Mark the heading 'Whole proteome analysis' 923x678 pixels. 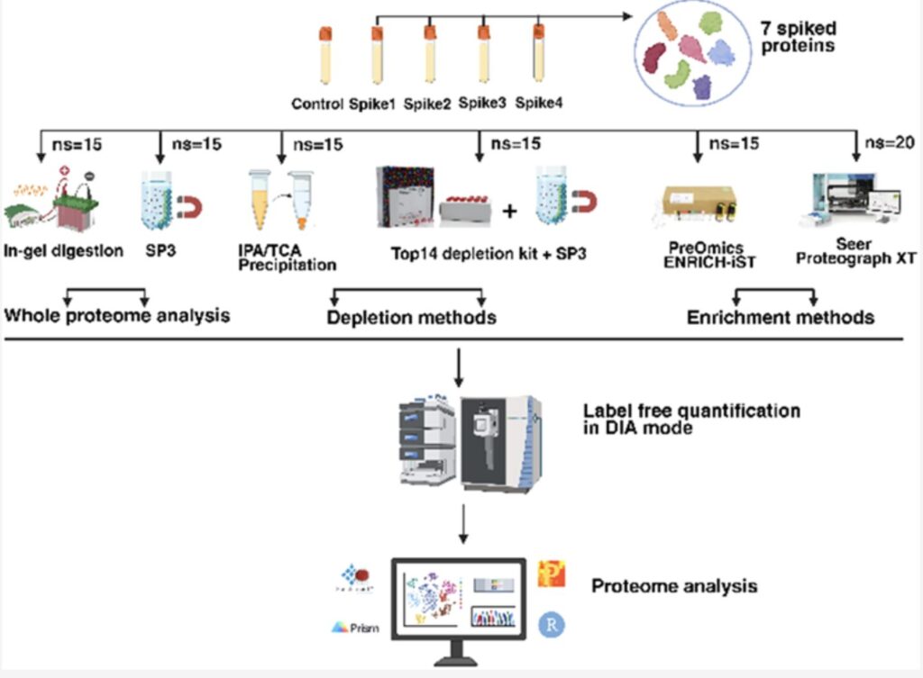click(116, 316)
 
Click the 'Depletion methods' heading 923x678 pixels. click(411, 318)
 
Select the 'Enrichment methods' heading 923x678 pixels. click(780, 318)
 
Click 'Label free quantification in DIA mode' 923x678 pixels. click(691, 420)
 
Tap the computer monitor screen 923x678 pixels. click(459, 598)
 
